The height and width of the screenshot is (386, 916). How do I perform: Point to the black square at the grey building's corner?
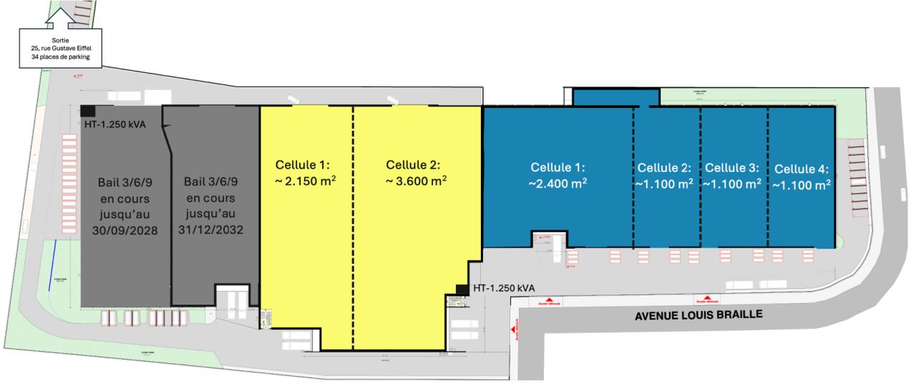click(87, 111)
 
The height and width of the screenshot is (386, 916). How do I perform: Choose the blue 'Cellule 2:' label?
click(664, 168)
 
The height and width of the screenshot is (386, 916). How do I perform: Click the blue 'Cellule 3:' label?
click(732, 168)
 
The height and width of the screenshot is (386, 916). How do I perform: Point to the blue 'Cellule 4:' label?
click(801, 169)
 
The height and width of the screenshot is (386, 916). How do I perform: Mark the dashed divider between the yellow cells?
click(353, 229)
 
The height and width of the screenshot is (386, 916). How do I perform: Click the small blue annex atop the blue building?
click(616, 97)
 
